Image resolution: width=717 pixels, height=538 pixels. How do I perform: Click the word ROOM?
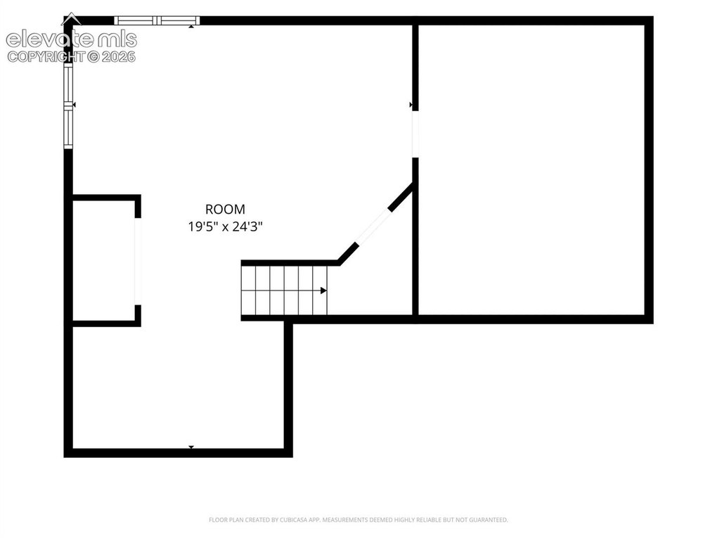[225, 209]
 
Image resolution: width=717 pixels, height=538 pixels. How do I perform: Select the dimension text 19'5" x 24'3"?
[225, 226]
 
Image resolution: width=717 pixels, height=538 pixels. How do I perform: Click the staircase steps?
[285, 290]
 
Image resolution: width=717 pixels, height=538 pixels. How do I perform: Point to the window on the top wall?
[157, 20]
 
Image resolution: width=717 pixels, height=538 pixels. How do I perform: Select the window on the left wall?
[68, 106]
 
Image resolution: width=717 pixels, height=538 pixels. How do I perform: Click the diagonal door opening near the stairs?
[373, 227]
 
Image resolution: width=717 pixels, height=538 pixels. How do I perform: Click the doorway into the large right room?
[415, 134]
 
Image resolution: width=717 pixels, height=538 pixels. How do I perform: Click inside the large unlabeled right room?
[531, 169]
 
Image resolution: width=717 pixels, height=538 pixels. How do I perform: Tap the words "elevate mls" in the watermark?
[71, 40]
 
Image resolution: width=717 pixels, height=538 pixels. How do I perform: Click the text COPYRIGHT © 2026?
[71, 57]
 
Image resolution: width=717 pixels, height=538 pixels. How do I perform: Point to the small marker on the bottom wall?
[191, 447]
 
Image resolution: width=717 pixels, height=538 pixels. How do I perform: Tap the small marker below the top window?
[191, 27]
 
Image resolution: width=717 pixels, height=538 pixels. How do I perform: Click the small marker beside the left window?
[75, 105]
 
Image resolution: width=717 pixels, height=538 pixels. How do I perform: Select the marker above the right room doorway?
[411, 105]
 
